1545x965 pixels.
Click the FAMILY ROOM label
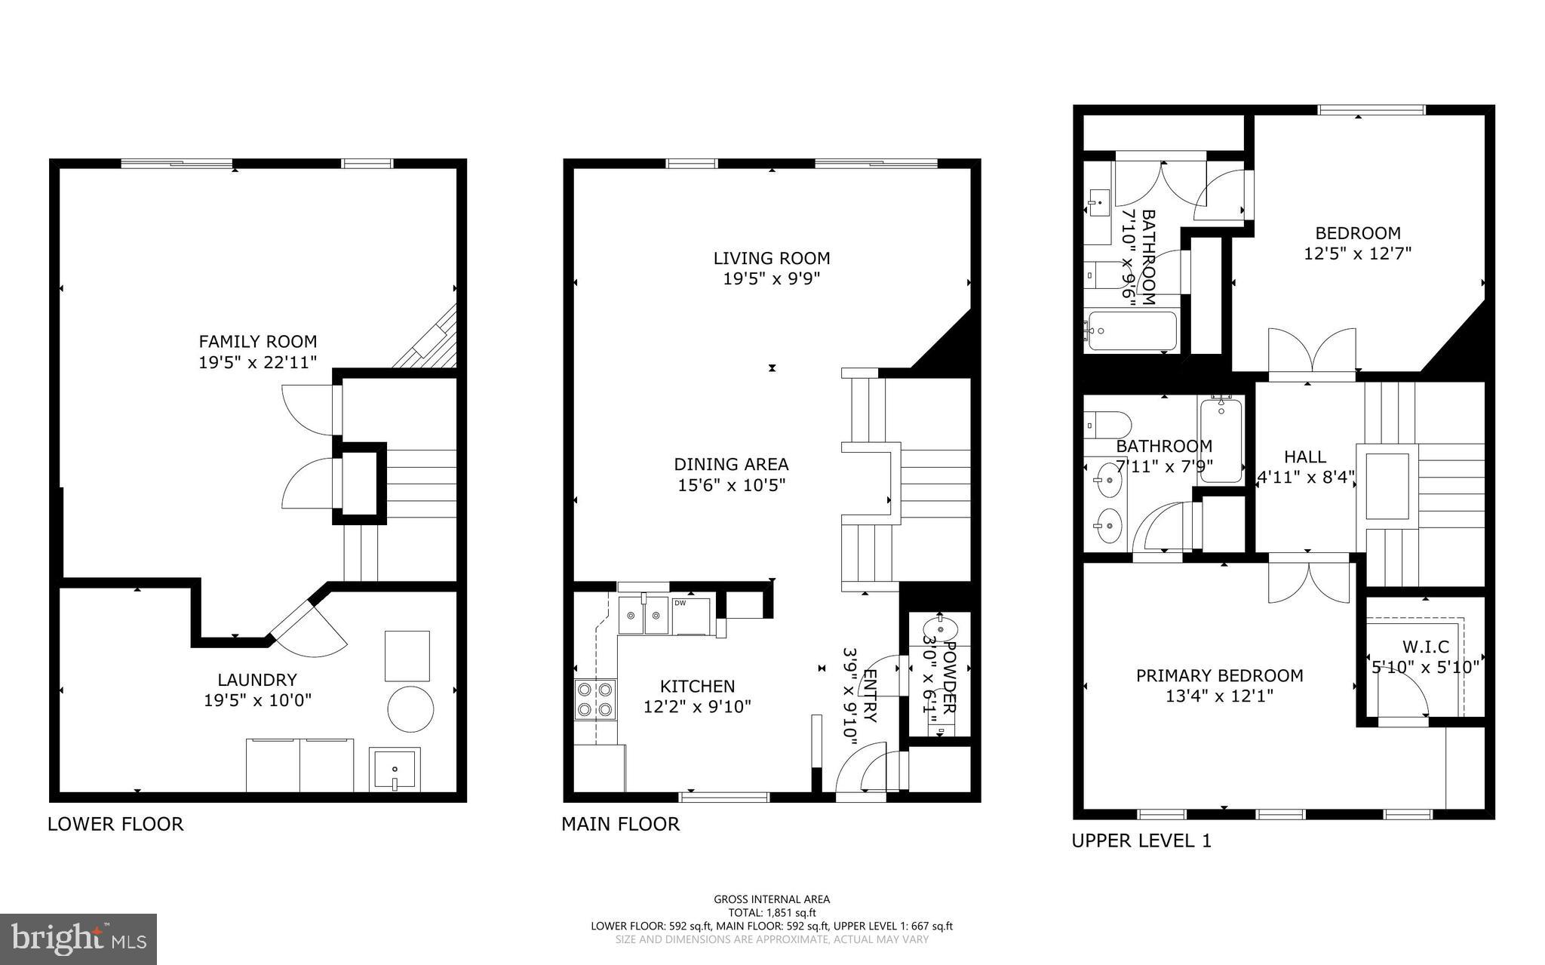tap(257, 341)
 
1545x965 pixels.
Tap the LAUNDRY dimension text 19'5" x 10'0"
tap(257, 700)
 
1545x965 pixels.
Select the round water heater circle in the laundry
tap(410, 708)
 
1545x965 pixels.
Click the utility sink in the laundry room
tap(394, 769)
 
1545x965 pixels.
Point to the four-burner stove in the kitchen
tap(594, 699)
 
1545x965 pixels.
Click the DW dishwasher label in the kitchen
tap(680, 603)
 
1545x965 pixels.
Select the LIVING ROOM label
tap(771, 258)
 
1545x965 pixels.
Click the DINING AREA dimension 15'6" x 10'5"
tap(731, 485)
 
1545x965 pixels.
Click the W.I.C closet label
tap(1425, 647)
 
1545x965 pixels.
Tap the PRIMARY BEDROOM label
tap(1219, 675)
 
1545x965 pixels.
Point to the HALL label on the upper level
tap(1304, 456)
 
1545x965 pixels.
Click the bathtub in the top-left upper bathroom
tap(1129, 330)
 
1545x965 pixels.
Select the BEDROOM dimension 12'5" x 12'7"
tap(1357, 254)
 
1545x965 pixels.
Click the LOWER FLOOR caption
tap(115, 824)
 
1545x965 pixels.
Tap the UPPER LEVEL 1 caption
tap(1141, 841)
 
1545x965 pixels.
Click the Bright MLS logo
tap(78, 938)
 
